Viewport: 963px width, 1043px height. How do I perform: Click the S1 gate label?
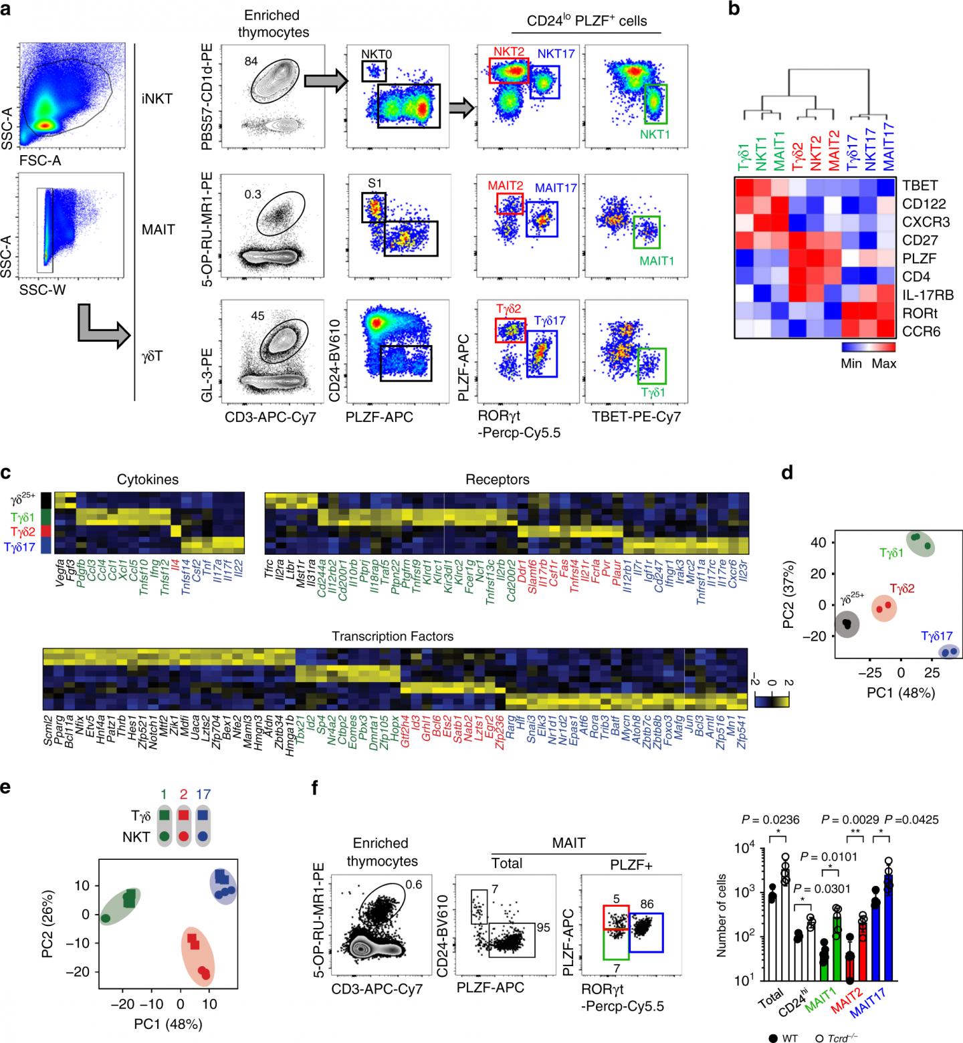pyautogui.click(x=374, y=181)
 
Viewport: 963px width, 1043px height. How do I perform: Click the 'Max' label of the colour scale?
pyautogui.click(x=884, y=364)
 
